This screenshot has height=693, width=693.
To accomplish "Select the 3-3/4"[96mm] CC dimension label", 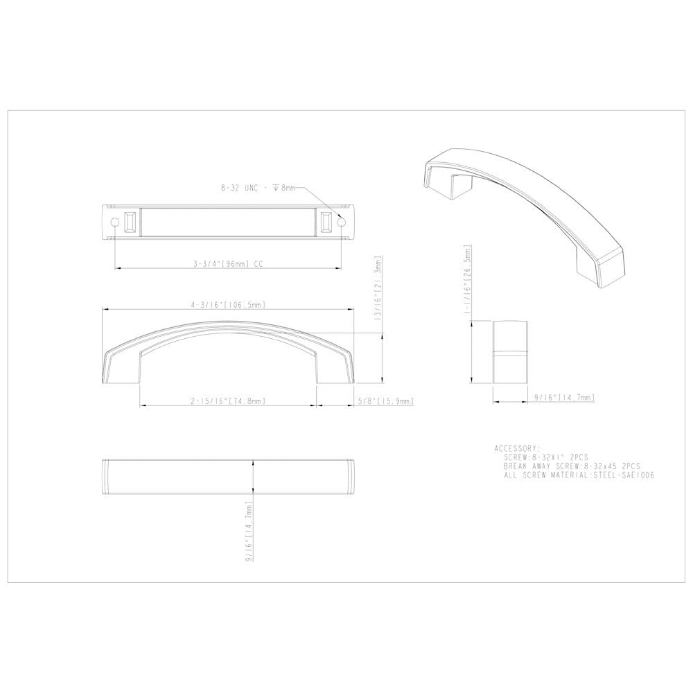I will tap(228, 263).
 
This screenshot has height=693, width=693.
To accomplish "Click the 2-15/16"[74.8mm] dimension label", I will tap(228, 401).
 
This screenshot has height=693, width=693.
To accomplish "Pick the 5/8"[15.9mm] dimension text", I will tap(386, 401).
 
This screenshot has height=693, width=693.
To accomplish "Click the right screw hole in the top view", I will tap(341, 221).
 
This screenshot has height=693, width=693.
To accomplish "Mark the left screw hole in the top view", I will tap(114, 221).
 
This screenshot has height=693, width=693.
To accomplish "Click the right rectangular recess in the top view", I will tap(325, 222).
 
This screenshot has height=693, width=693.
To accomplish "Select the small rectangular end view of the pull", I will tap(511, 353).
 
